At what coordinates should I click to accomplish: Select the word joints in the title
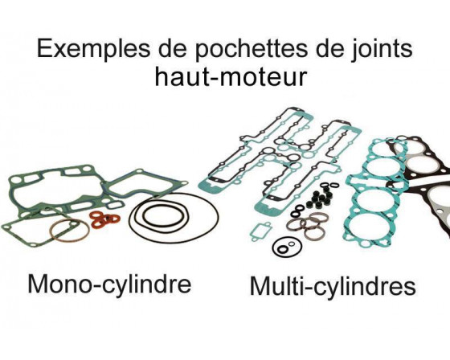point(382,49)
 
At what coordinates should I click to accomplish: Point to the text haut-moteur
point(231,76)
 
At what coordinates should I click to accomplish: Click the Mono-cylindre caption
point(109,284)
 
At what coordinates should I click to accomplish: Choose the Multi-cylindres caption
point(333,286)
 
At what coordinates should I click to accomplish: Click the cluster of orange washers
point(105,219)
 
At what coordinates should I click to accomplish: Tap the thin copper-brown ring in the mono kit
point(69,231)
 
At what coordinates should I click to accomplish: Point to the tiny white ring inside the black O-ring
point(292,243)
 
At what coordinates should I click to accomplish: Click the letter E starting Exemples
point(44,48)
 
